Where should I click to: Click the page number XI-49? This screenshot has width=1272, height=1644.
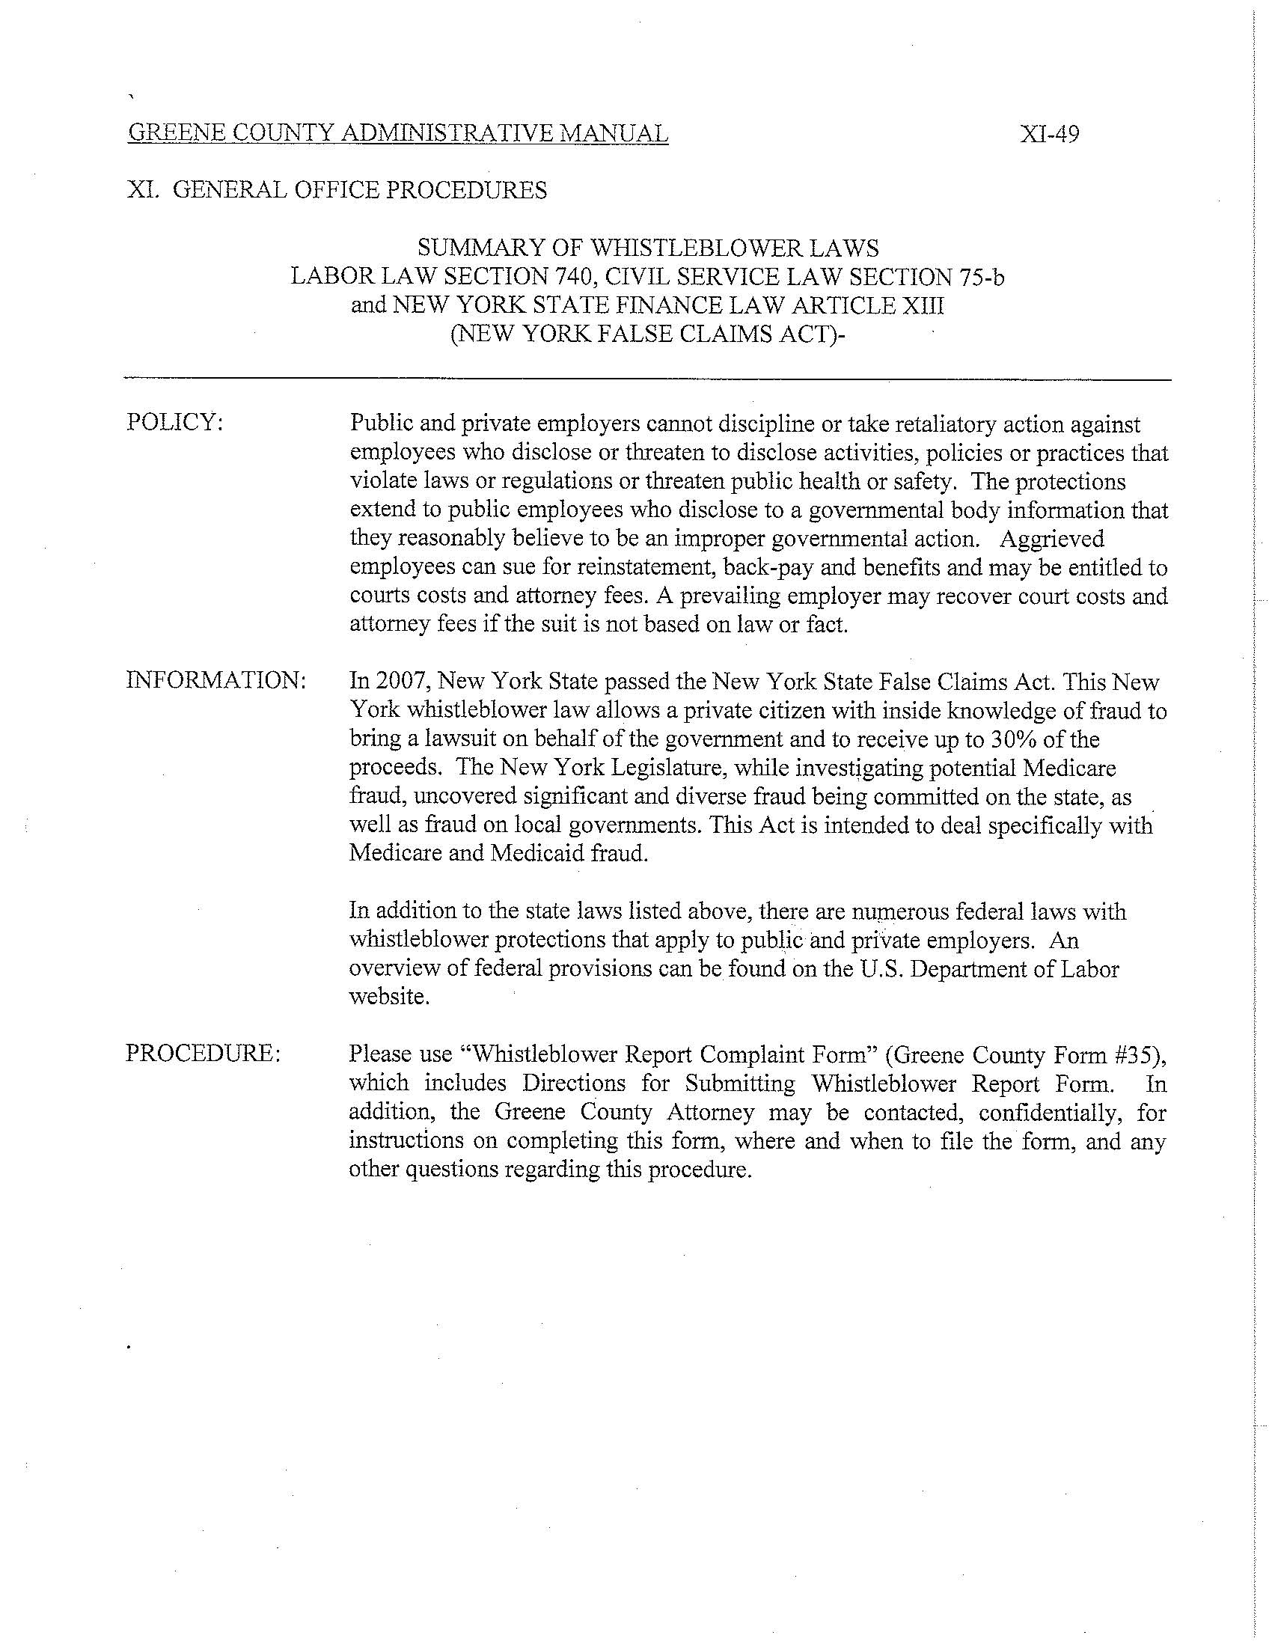click(1049, 135)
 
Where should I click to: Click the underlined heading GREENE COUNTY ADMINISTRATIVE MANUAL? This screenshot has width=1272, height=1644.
click(398, 134)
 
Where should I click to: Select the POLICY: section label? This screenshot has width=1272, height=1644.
click(174, 422)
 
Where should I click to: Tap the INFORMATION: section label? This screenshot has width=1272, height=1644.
click(216, 680)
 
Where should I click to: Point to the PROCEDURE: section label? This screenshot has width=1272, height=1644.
click(204, 1053)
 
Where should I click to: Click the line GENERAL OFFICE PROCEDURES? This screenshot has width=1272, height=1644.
click(360, 190)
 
